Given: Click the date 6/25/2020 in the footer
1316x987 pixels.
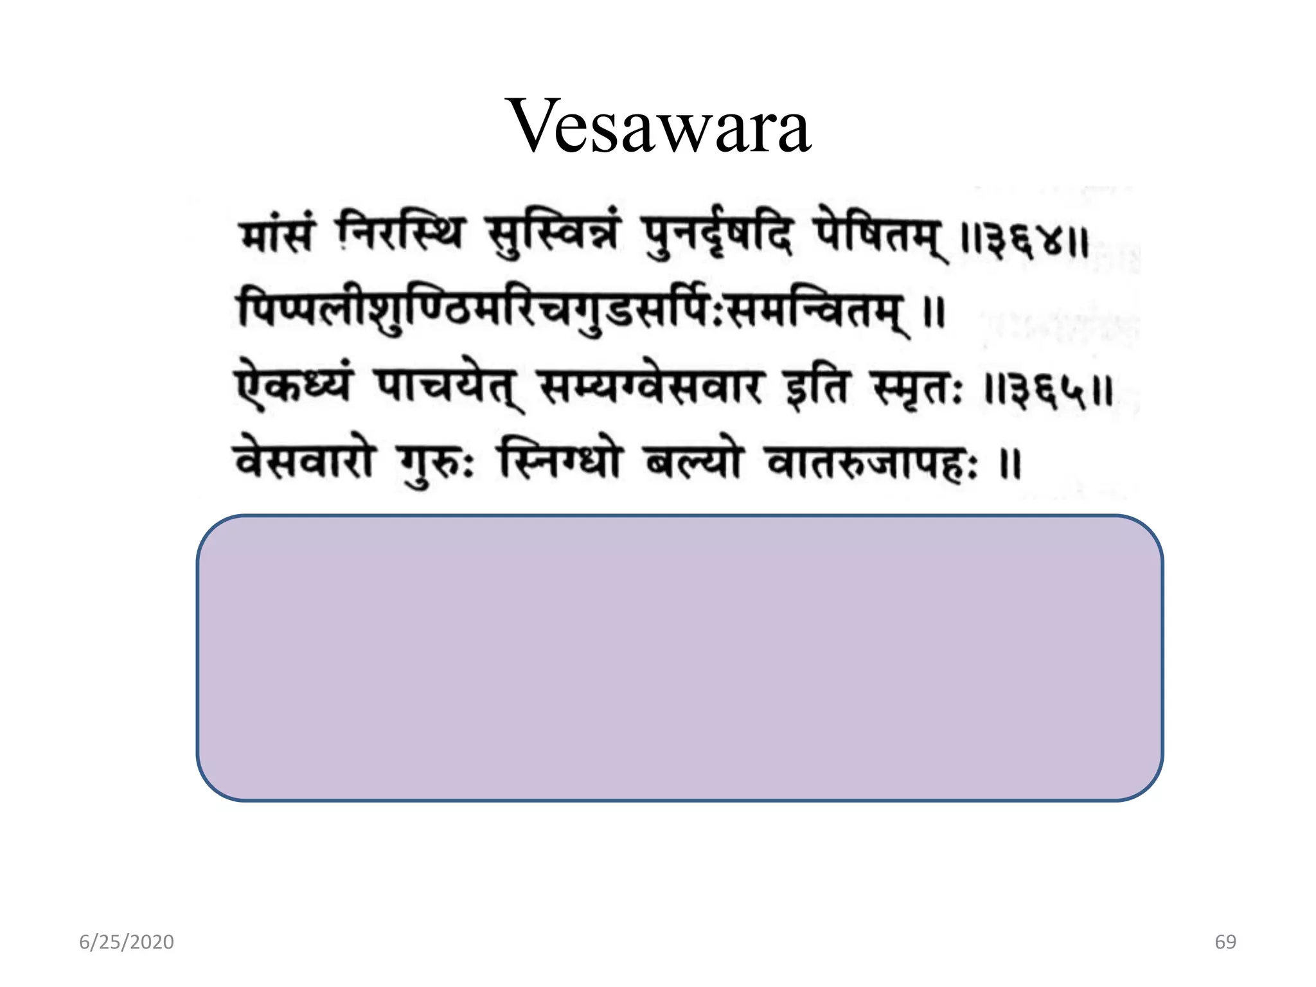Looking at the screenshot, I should (x=127, y=942).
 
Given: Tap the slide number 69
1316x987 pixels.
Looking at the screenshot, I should (x=1225, y=942).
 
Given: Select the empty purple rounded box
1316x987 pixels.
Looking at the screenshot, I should (x=679, y=657).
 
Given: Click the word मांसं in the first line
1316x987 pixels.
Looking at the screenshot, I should (x=277, y=235).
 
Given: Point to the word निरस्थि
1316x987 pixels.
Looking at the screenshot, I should (x=400, y=233).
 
